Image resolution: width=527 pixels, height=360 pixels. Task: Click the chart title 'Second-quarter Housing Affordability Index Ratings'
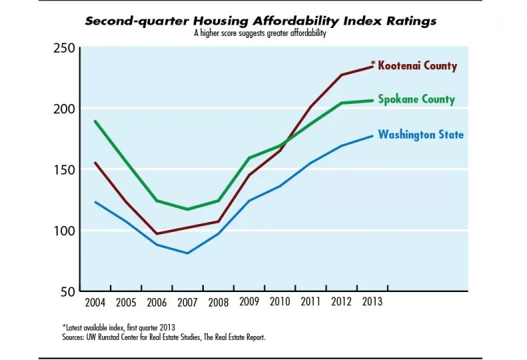pyautogui.click(x=261, y=21)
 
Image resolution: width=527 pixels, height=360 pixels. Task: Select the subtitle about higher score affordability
pyautogui.click(x=260, y=33)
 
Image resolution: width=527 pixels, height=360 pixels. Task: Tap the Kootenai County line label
pyautogui.click(x=417, y=66)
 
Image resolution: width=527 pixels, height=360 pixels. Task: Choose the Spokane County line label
pyautogui.click(x=416, y=99)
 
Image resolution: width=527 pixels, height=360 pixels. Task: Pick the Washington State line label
pyautogui.click(x=421, y=135)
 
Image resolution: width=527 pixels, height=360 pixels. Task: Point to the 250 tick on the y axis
pyautogui.click(x=61, y=47)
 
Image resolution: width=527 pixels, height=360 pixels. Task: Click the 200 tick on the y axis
pyautogui.click(x=61, y=109)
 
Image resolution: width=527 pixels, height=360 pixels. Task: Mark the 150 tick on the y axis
pyautogui.click(x=61, y=169)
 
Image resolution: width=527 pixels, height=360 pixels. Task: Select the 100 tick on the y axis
pyautogui.click(x=61, y=231)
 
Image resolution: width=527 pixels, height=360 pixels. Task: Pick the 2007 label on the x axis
pyautogui.click(x=187, y=303)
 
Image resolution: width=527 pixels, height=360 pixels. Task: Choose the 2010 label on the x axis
pyautogui.click(x=279, y=303)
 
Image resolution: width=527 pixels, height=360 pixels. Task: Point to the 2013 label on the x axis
pyautogui.click(x=371, y=303)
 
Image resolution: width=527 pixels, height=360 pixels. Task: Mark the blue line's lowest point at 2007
pyautogui.click(x=187, y=253)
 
